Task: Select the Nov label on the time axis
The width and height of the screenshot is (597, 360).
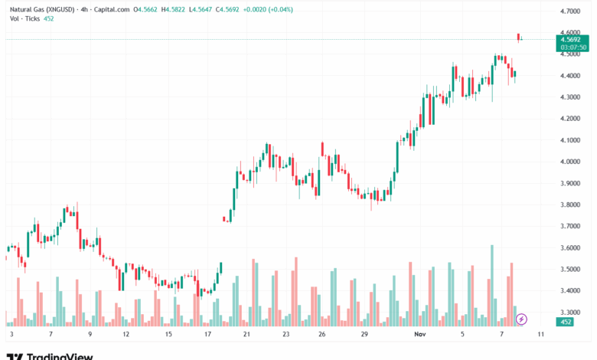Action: pyautogui.click(x=420, y=335)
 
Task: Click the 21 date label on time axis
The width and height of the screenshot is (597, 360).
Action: pyautogui.click(x=246, y=335)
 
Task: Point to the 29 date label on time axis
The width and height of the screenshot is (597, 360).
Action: pyautogui.click(x=365, y=335)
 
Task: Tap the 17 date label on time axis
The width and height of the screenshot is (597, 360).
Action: pyautogui.click(x=207, y=335)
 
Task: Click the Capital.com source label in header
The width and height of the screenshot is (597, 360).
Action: pyautogui.click(x=112, y=10)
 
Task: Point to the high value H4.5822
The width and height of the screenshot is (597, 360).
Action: pyautogui.click(x=177, y=10)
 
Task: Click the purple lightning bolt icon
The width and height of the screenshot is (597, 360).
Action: pyautogui.click(x=522, y=318)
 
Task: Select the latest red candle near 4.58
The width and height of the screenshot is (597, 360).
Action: pyautogui.click(x=519, y=37)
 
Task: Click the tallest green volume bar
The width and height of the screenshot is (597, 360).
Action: pyautogui.click(x=492, y=284)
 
